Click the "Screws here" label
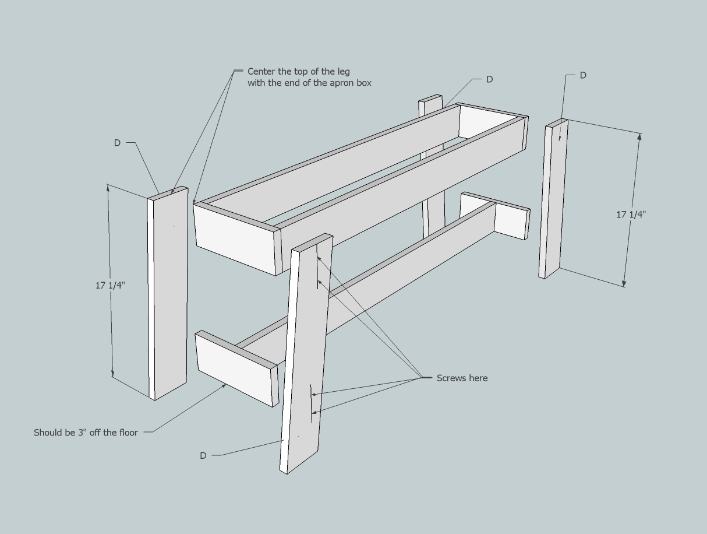(x=462, y=378)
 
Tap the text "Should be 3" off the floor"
(x=86, y=433)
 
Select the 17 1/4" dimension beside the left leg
(x=110, y=285)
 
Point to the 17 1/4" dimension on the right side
(x=631, y=215)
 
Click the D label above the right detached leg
(x=583, y=75)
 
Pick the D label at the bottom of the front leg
(x=203, y=455)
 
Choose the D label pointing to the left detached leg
(x=117, y=143)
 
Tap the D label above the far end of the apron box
(x=489, y=79)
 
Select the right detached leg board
(x=553, y=198)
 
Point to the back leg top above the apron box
(x=430, y=105)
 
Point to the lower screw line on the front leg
(x=312, y=402)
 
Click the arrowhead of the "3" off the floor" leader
(x=225, y=384)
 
